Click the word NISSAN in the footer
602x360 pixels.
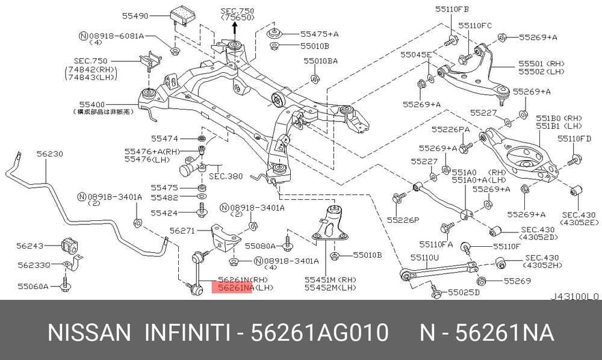(88, 332)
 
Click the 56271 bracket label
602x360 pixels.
(182, 231)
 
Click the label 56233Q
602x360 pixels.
(34, 265)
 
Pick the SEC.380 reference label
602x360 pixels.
(226, 177)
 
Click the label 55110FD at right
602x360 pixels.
(574, 138)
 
